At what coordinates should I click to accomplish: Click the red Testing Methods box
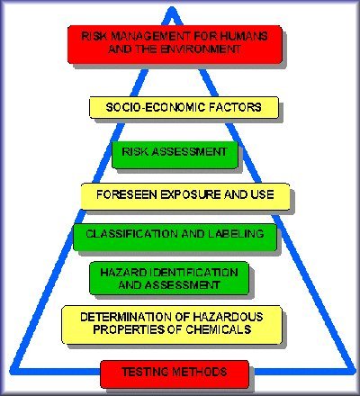[175, 374]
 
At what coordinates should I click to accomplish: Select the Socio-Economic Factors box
[184, 107]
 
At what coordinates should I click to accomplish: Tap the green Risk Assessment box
[175, 155]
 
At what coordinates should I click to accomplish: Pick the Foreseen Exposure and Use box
[185, 196]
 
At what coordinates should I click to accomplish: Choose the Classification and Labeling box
[175, 238]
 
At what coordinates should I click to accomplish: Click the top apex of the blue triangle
[172, 10]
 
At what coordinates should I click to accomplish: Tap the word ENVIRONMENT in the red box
[201, 49]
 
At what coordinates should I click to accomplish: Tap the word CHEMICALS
[219, 329]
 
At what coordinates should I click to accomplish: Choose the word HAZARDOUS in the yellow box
[228, 317]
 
